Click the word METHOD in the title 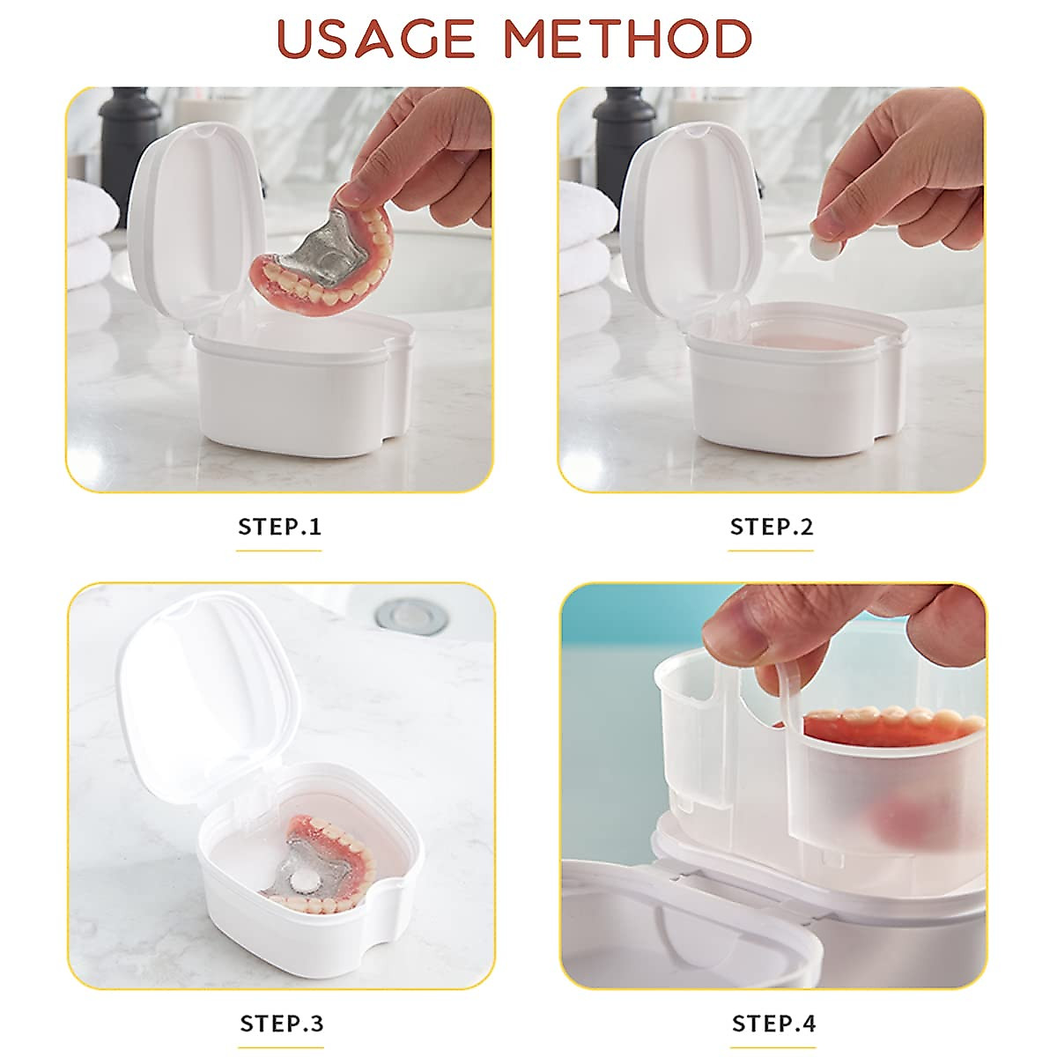(x=628, y=40)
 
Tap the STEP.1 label (x=280, y=527)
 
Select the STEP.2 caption (x=772, y=527)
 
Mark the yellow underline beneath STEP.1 (x=279, y=551)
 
